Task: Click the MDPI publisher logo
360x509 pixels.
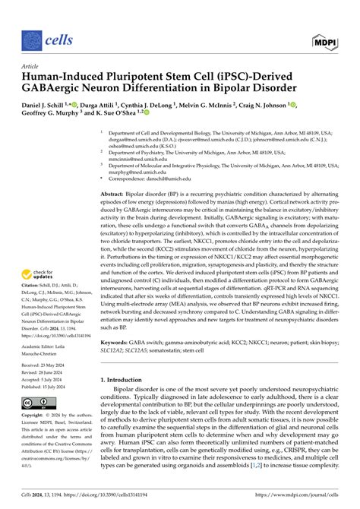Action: pyautogui.click(x=325, y=36)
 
